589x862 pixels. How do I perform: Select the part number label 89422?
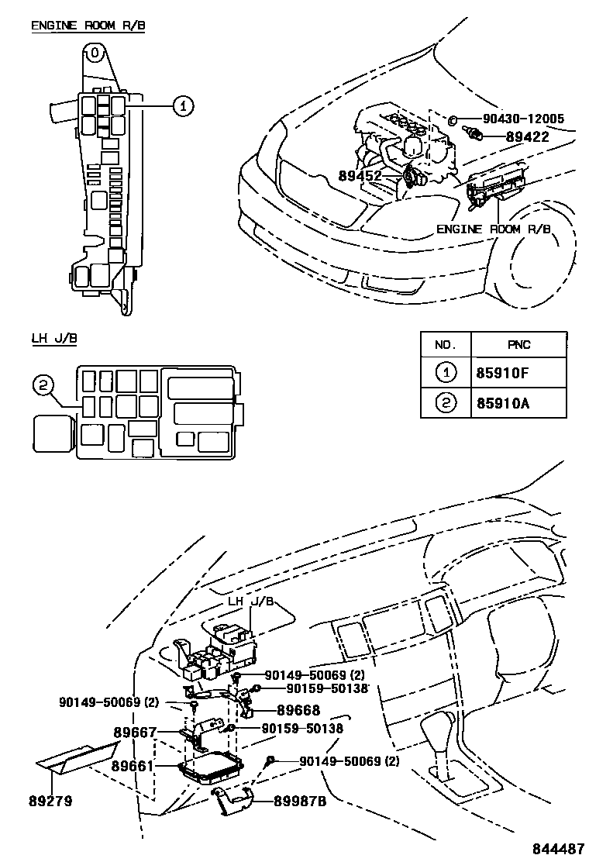528,136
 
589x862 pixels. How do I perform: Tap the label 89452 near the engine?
360,176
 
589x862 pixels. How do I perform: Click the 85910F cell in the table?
503,374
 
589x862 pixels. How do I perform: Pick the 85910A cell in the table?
503,403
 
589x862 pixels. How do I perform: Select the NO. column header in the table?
446,345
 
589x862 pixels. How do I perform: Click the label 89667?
135,732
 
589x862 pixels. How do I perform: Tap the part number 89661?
135,767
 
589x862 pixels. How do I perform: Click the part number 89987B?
301,802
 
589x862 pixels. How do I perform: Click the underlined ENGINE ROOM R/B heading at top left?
88,26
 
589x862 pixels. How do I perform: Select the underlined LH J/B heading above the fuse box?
53,338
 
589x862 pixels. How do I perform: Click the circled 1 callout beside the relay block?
182,106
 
